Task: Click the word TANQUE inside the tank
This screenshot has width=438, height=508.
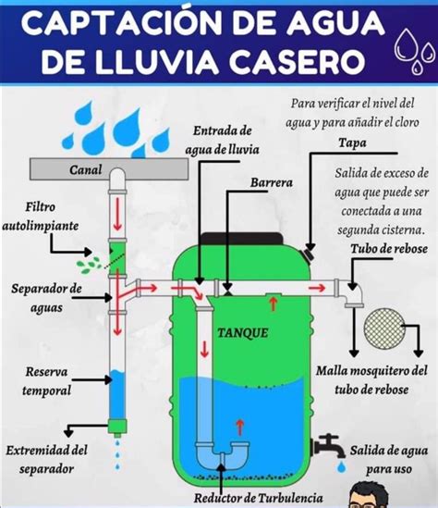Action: click(243, 333)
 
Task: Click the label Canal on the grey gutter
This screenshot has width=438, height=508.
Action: click(85, 169)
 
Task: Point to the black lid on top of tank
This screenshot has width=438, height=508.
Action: click(242, 239)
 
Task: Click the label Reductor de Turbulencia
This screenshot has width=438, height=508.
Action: click(258, 498)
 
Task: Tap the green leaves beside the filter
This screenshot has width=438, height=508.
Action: click(88, 265)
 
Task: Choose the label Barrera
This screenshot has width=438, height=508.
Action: click(272, 182)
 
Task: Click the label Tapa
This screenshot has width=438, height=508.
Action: click(352, 142)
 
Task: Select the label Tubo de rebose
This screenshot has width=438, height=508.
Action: click(389, 249)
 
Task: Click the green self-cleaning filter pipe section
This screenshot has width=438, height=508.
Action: click(116, 257)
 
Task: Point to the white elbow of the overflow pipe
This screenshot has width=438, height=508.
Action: click(354, 293)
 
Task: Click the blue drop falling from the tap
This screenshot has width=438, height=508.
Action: click(341, 467)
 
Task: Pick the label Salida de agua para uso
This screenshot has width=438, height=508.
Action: click(388, 460)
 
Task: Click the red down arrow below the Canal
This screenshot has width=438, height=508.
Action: click(117, 214)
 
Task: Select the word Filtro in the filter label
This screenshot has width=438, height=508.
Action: click(41, 206)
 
